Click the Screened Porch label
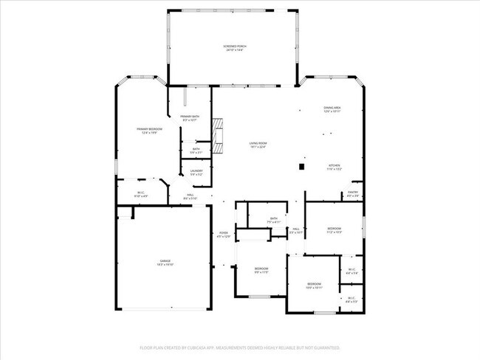pyautogui.click(x=235, y=47)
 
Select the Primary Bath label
pyautogui.click(x=190, y=117)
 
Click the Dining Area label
pyautogui.click(x=332, y=108)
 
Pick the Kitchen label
pyautogui.click(x=334, y=166)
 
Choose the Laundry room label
pyautogui.click(x=196, y=172)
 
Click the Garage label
pyautogui.click(x=165, y=261)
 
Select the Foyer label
pyautogui.click(x=223, y=234)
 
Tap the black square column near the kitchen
pyautogui.click(x=301, y=166)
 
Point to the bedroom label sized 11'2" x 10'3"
pyautogui.click(x=334, y=229)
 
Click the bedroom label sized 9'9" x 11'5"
pyautogui.click(x=261, y=269)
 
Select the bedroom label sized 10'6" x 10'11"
pyautogui.click(x=314, y=284)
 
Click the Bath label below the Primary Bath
pyautogui.click(x=196, y=150)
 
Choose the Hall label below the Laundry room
pyautogui.click(x=190, y=195)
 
